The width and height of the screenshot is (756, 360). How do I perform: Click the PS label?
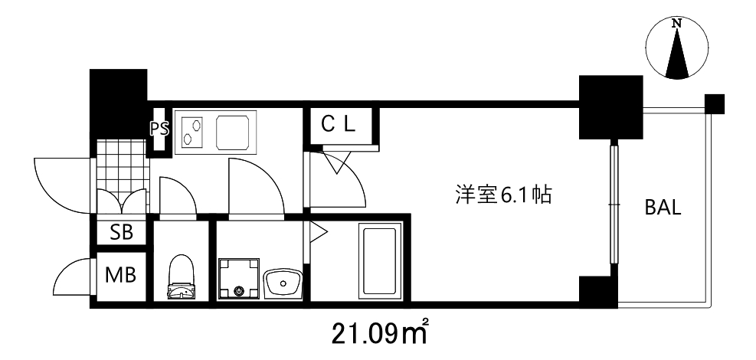(159, 129)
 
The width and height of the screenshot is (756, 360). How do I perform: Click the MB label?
(121, 274)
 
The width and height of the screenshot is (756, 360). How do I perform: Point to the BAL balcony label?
(663, 208)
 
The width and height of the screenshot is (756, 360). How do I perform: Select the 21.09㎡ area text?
(379, 333)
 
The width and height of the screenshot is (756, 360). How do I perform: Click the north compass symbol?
(676, 49)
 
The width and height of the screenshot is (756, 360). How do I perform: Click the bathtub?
(380, 261)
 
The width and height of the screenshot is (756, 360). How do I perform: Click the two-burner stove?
(191, 130)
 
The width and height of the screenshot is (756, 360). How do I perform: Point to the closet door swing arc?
(337, 172)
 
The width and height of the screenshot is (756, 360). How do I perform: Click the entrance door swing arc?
(61, 184)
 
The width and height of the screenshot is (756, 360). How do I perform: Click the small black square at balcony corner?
(714, 103)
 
